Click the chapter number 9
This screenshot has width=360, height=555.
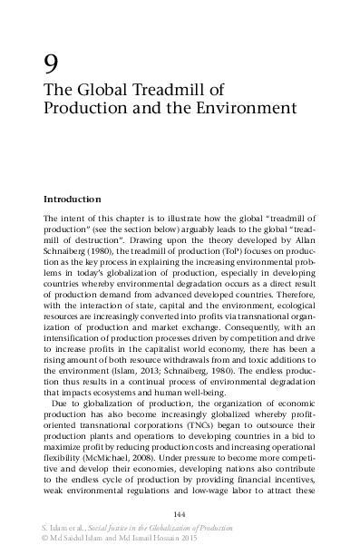tap(52, 64)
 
